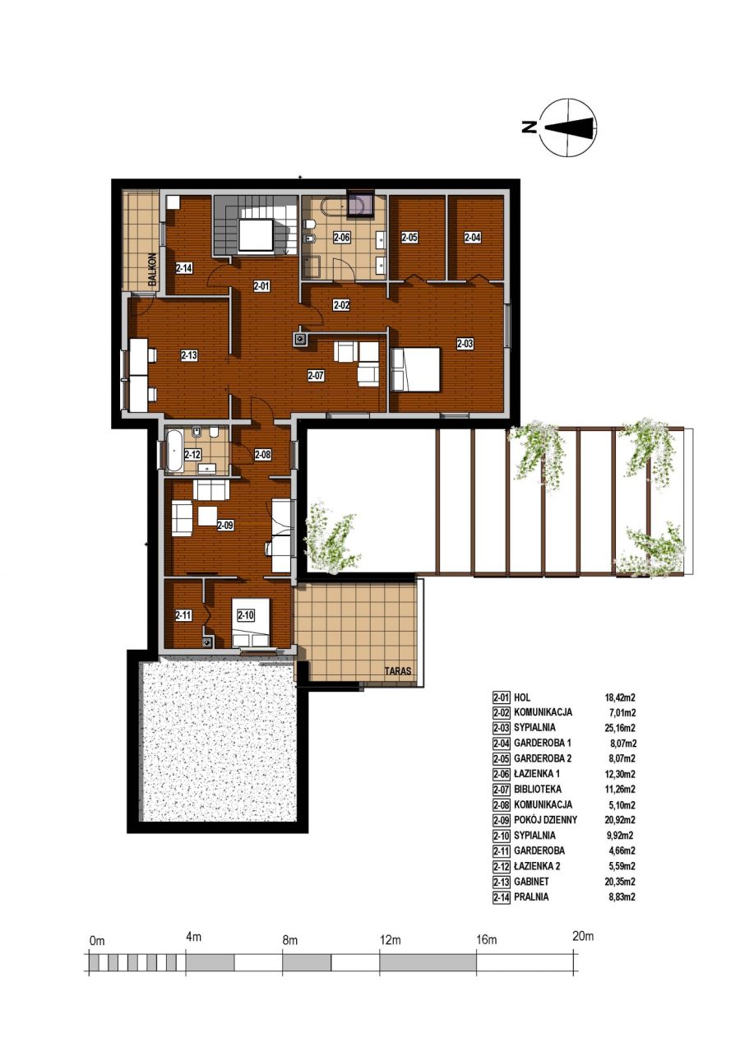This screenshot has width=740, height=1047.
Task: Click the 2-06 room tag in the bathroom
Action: coord(341,238)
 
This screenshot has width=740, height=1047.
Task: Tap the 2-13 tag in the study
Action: coord(189,355)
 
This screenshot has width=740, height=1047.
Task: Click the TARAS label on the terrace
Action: coord(398,671)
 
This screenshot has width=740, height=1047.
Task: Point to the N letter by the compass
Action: coord(530,127)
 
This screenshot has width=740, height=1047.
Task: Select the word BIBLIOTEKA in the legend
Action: coord(538,789)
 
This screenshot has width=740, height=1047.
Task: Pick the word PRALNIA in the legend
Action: coord(532,897)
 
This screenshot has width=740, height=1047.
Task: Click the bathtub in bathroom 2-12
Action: coord(174,451)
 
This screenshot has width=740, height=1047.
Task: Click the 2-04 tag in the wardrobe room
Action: coord(472,238)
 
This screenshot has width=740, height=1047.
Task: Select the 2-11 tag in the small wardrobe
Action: coord(183,616)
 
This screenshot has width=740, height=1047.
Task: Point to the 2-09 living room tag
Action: coord(225,526)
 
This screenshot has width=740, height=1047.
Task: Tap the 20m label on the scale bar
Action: coord(583,936)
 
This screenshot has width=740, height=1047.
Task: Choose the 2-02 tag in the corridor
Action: coord(341,305)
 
